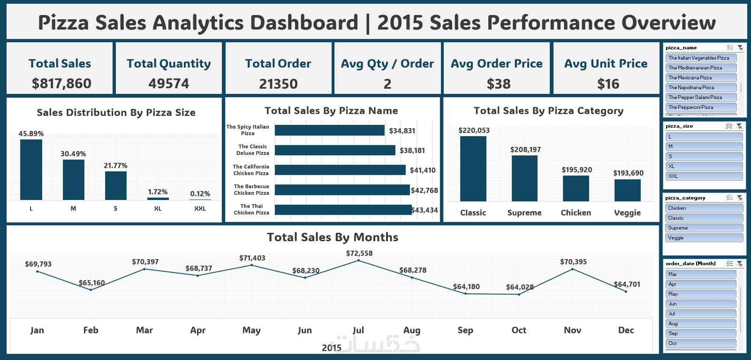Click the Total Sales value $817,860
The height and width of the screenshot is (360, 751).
point(61,84)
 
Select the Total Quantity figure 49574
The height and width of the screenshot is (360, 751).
point(169,84)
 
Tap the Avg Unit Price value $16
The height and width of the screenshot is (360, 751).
point(608,84)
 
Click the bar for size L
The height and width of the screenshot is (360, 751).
point(31,170)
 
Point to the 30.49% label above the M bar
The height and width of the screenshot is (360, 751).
point(73,154)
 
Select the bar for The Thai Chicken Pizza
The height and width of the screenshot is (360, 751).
point(343,210)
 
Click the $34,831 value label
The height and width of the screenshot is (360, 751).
point(402,131)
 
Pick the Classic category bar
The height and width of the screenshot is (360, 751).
point(473,169)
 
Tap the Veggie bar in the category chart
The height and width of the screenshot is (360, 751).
point(627,190)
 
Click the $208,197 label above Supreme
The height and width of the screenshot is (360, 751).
point(525,150)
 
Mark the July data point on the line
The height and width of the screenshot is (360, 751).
point(358,260)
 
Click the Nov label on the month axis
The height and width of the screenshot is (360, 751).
point(572,330)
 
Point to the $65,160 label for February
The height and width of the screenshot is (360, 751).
point(91,283)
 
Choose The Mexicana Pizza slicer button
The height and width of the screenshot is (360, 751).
point(701,77)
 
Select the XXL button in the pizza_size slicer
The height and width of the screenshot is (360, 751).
point(704,176)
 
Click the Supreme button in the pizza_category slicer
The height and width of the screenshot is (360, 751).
point(704,228)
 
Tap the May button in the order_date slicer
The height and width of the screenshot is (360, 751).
point(701,294)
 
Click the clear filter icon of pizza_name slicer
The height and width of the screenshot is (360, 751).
point(740,47)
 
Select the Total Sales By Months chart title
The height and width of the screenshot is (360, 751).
point(332,237)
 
